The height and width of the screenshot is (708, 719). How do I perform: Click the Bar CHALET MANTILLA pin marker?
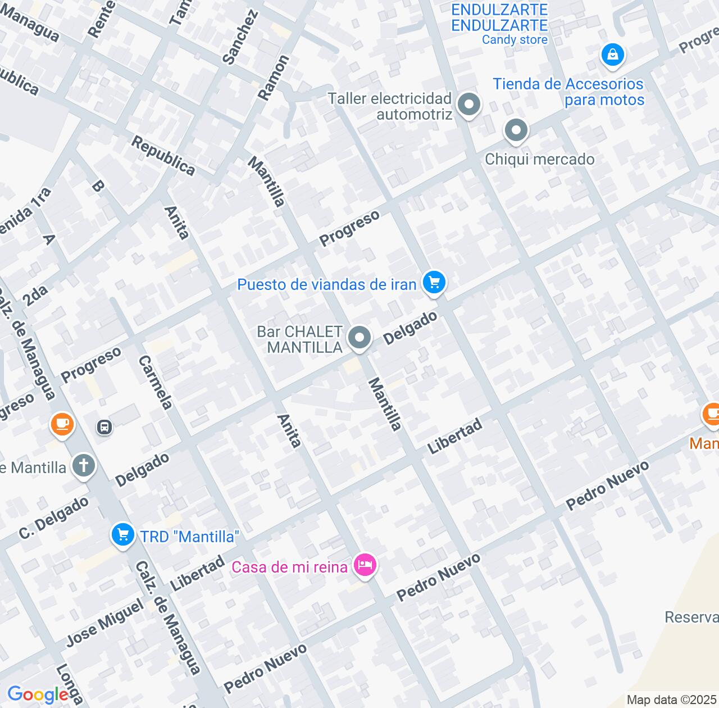359,338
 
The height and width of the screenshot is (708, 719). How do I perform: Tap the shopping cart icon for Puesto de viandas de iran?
434,282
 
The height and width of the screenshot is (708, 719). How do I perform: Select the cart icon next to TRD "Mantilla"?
122,534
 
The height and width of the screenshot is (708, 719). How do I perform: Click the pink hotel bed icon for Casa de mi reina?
365,565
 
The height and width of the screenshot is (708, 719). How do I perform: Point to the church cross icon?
84,466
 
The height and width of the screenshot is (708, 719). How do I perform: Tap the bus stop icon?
104,427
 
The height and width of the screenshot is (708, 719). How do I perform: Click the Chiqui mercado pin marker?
516,131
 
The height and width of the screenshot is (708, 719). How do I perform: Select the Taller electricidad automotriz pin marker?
468,105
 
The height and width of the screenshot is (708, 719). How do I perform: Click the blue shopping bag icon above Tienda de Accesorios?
613,55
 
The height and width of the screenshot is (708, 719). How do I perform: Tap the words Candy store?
515,40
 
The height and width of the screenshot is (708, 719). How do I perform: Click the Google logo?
38,695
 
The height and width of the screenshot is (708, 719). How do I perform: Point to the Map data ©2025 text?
672,700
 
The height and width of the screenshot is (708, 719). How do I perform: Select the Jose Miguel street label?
105,623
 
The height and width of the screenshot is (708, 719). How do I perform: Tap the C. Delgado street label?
54,518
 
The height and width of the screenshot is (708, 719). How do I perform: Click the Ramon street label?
274,78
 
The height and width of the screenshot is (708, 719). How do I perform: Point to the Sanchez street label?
240,37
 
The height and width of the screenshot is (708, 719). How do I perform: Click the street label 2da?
35,293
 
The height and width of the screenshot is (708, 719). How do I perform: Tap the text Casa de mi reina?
289,567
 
